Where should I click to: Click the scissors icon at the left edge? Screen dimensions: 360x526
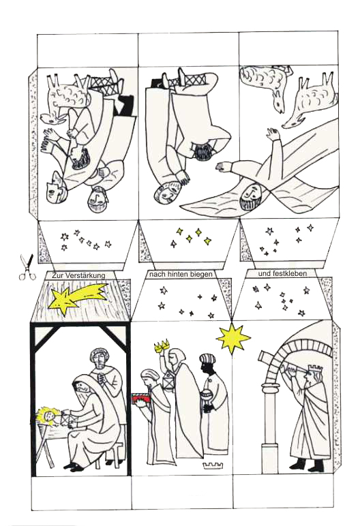27,267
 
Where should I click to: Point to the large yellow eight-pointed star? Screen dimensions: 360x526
232,338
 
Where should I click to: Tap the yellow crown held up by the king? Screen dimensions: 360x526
161,346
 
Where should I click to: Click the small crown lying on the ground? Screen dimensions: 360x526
213,465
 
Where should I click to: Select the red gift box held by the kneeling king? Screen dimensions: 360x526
142,399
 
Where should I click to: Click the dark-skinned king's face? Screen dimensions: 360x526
207,367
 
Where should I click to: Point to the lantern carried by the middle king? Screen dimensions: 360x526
168,382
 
